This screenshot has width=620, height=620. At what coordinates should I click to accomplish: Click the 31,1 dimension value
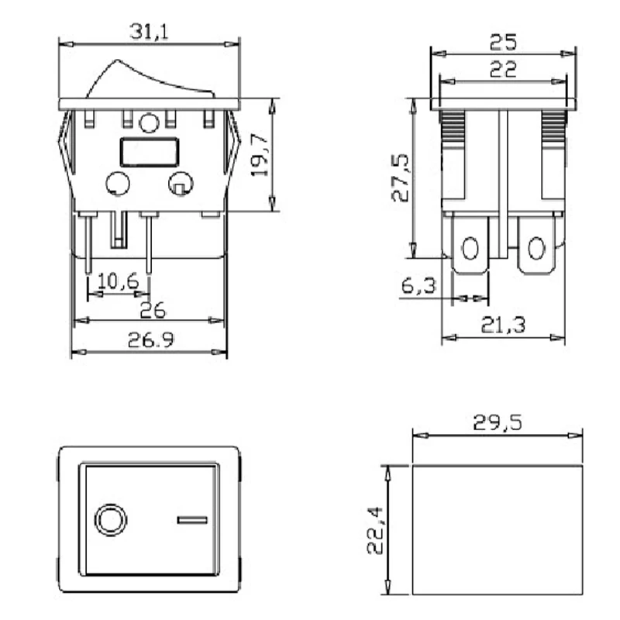150,32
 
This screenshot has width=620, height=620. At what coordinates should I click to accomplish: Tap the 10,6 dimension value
118,281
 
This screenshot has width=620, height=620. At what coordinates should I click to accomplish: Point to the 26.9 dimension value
148,340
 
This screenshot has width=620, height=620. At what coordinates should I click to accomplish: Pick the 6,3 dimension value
418,286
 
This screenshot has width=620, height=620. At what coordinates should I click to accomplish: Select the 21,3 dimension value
502,325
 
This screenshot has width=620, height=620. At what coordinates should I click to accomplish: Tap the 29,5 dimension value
497,422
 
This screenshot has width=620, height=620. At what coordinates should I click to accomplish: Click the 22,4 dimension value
375,530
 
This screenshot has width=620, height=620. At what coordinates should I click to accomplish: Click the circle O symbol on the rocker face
109,520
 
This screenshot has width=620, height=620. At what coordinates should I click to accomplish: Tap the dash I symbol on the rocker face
192,520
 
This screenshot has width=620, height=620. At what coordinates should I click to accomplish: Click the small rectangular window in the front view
150,151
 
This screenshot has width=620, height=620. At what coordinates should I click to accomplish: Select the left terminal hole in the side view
470,249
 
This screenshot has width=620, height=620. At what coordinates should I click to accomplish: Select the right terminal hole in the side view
536,249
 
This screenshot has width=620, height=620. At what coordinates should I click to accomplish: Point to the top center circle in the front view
149,122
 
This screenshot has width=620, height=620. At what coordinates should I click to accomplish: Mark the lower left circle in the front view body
117,184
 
